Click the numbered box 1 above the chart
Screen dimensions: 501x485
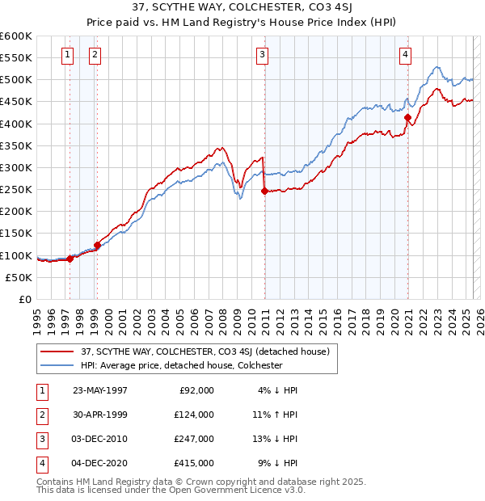click(66, 55)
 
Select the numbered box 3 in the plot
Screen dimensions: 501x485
click(263, 55)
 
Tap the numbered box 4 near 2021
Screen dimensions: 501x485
click(405, 55)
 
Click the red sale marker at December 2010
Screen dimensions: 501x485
click(264, 192)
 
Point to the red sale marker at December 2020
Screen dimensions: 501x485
click(407, 117)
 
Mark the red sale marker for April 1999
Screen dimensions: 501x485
click(97, 245)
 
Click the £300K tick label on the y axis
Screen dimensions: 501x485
click(15, 167)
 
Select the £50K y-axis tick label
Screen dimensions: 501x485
click(19, 277)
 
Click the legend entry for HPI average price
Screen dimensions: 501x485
click(181, 365)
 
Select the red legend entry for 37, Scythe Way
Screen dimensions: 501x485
click(205, 352)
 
